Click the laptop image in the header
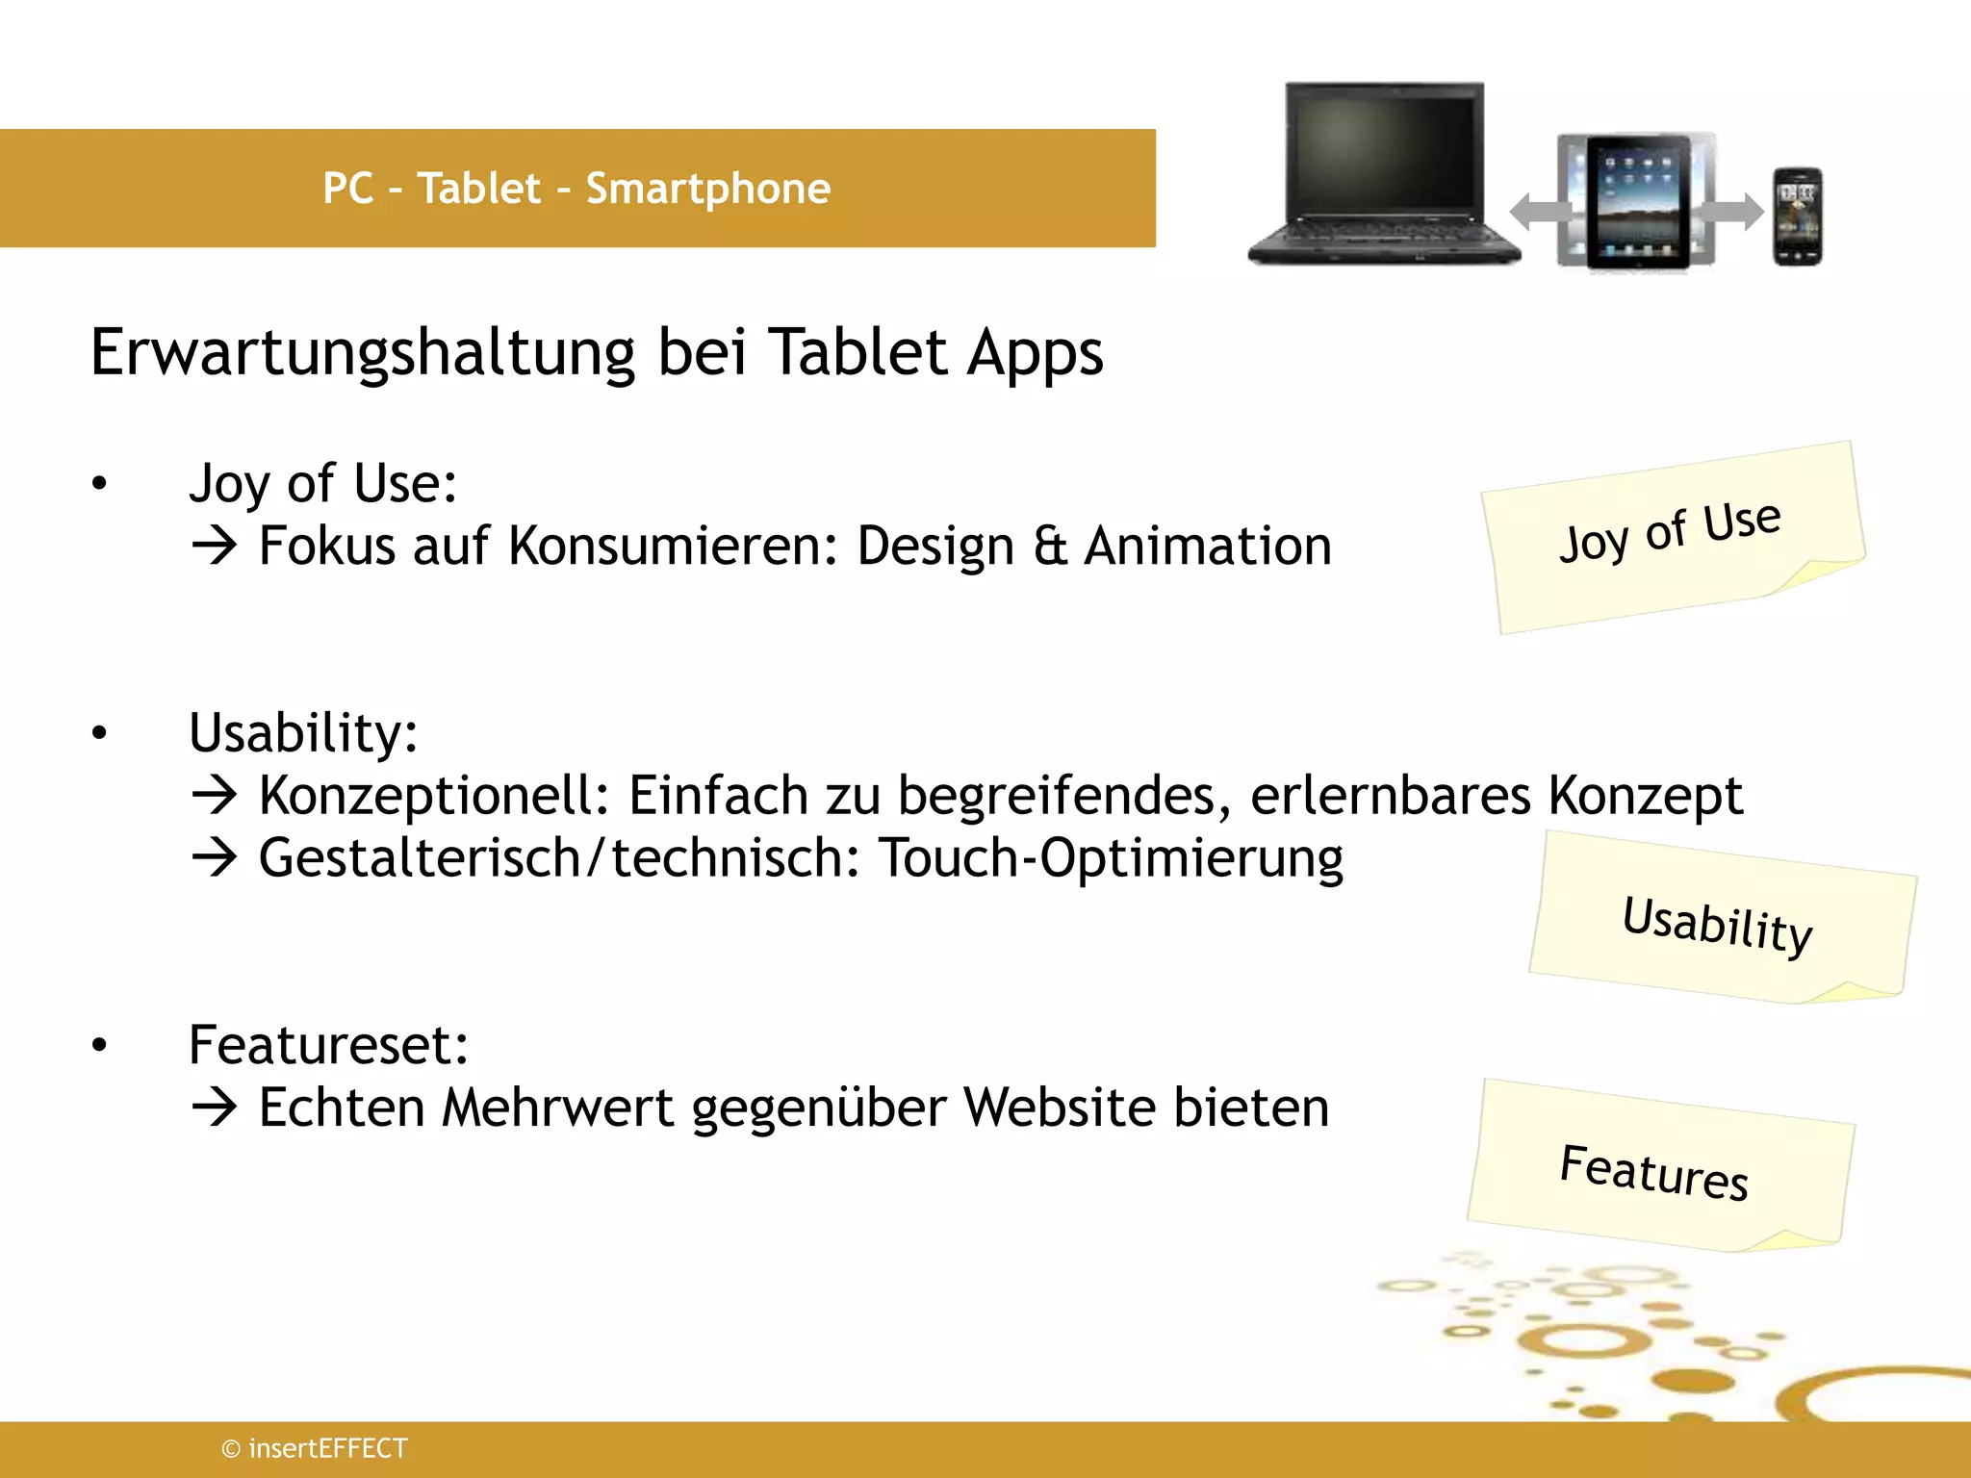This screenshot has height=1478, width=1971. [x=1384, y=173]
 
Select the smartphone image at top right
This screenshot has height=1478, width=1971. [x=1798, y=217]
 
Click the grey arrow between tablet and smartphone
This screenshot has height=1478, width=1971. [x=1732, y=212]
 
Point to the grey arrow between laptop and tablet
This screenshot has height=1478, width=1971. [x=1538, y=212]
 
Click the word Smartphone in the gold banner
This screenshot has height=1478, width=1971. [x=707, y=190]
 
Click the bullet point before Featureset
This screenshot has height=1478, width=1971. [x=99, y=1046]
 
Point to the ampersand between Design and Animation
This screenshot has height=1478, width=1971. [x=1050, y=547]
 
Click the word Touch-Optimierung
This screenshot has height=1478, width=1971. [x=1111, y=858]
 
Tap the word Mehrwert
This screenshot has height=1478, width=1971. [x=557, y=1108]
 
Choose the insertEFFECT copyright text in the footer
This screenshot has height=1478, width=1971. [x=315, y=1448]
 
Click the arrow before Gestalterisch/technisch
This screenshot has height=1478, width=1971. [x=214, y=857]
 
